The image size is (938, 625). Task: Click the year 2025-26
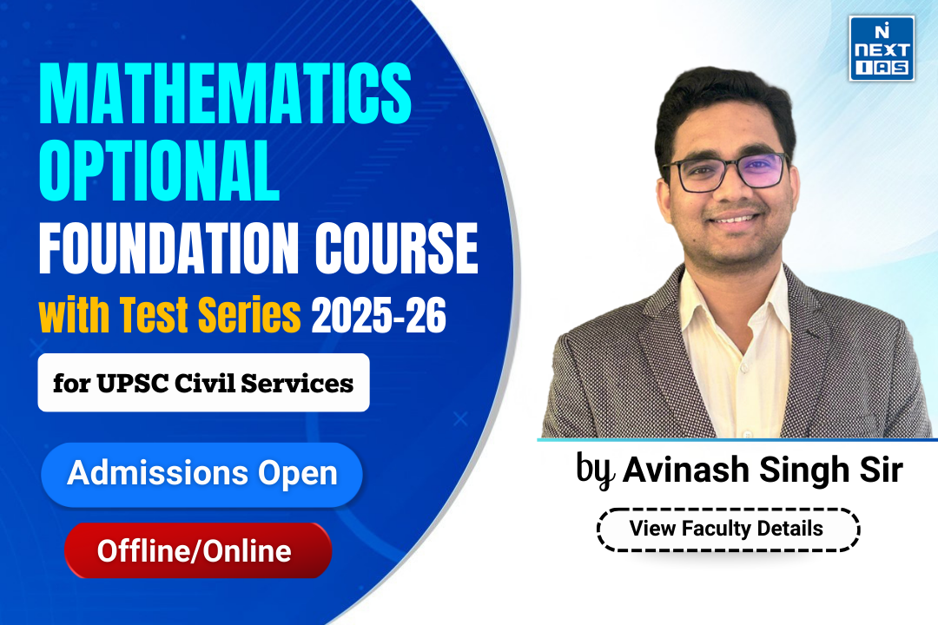(x=379, y=318)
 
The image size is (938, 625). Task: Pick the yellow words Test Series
(x=209, y=318)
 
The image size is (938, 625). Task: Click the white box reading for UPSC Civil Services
(x=203, y=383)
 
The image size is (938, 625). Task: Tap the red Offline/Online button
(x=198, y=550)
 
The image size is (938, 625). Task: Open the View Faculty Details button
(x=727, y=528)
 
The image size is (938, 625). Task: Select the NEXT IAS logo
(x=881, y=48)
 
